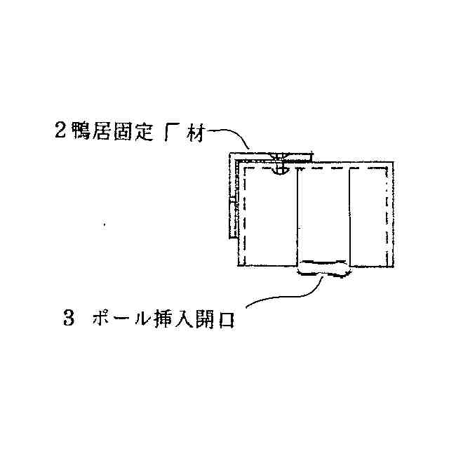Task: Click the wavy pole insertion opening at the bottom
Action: click(323, 268)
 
